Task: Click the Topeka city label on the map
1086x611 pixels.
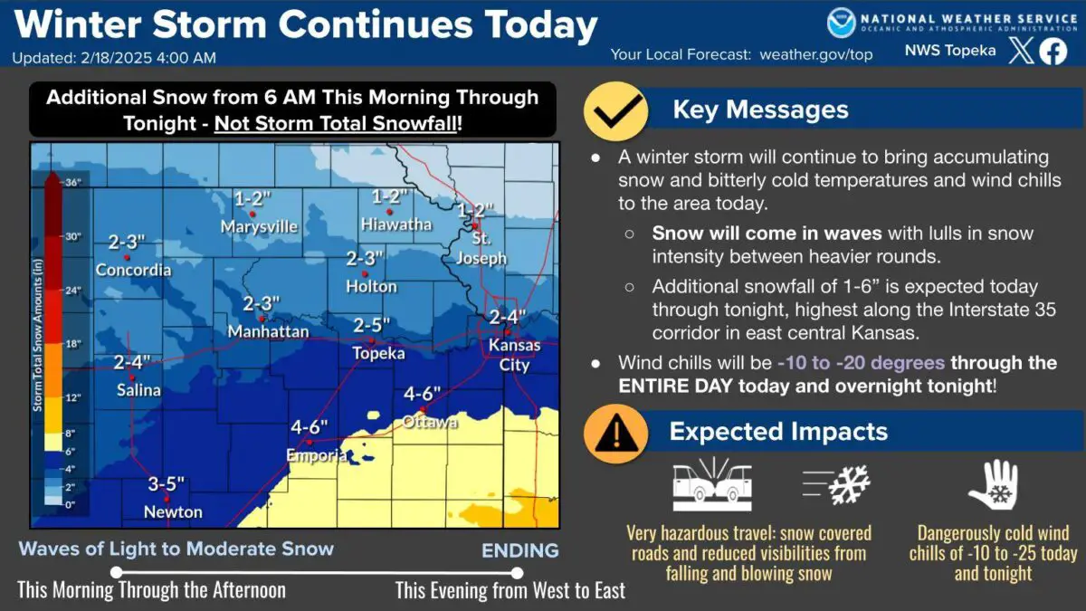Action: tap(378, 354)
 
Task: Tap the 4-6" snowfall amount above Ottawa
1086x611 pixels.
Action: tap(422, 394)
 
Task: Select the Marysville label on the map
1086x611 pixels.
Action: tap(260, 226)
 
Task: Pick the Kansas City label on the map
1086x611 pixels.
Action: tap(514, 353)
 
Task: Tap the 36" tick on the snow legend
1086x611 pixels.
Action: tap(73, 182)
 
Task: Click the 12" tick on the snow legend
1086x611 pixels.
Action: tap(73, 397)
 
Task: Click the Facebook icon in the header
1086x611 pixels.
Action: tap(1052, 52)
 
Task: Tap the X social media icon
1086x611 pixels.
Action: tap(1020, 52)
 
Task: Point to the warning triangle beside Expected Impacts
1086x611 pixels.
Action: tap(615, 433)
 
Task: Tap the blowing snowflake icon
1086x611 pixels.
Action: tap(837, 485)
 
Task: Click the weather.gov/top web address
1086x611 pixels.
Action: tap(815, 54)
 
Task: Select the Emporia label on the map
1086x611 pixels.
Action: tap(317, 456)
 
